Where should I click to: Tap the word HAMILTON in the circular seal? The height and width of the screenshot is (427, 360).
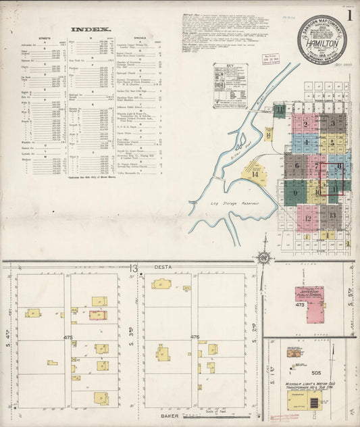322,42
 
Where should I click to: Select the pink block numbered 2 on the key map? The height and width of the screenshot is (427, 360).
305,124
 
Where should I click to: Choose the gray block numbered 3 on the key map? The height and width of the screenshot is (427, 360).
332,124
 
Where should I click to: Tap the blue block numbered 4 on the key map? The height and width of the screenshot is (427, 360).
305,143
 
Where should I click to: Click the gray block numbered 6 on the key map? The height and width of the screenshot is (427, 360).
296,166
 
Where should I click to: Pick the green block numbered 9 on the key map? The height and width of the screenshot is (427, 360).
295,192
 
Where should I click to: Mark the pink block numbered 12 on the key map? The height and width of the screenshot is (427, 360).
307,218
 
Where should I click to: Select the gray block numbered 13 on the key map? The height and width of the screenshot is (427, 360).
332,216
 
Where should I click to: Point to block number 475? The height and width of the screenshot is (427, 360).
68,336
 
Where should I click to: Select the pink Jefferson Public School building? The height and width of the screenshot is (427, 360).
309,295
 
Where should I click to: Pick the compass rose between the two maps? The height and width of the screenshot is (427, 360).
263,257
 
